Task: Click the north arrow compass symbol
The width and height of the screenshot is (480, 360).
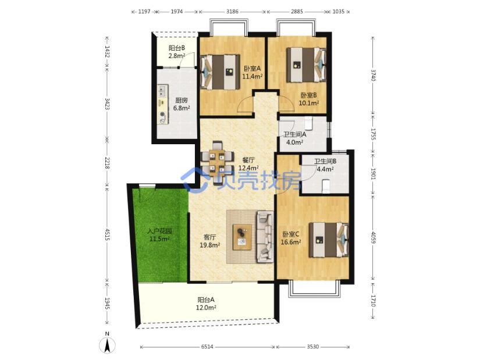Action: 107,346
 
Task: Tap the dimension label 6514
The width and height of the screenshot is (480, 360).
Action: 207,347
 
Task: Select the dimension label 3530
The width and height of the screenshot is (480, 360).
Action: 312,347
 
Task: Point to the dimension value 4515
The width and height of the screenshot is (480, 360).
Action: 107,234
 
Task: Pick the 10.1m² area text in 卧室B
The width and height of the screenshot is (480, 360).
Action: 309,103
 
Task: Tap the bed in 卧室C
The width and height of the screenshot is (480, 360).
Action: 329,240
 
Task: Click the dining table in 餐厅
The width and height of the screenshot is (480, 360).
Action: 218,162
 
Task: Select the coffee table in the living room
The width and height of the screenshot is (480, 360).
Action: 242,237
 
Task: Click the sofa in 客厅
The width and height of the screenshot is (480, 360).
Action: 265,237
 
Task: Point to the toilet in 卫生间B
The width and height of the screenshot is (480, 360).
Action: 326,187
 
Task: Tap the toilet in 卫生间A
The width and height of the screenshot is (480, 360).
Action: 308,123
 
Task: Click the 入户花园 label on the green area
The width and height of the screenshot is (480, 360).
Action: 159,231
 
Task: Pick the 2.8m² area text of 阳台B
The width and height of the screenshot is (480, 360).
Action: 177,56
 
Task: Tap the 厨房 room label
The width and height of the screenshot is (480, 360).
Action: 181,100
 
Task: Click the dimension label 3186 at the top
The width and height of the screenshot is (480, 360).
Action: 232,11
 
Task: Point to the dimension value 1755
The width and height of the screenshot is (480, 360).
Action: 373,134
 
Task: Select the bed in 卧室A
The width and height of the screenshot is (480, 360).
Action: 220,72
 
